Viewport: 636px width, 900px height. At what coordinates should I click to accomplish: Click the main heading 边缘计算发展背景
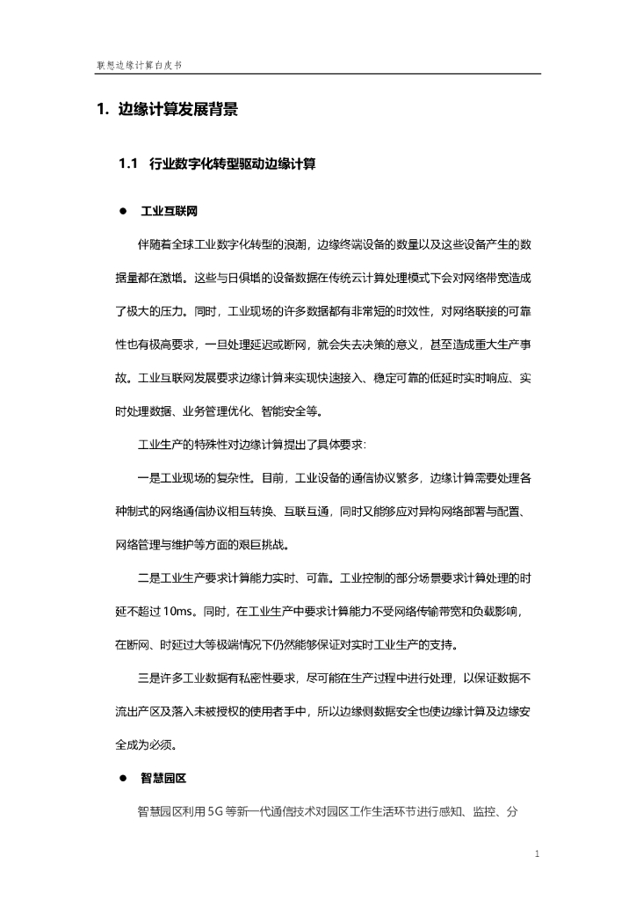click(x=177, y=110)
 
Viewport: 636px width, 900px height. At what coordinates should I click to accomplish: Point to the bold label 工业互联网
click(x=169, y=212)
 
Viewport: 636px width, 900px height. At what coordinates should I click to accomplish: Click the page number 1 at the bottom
click(x=537, y=853)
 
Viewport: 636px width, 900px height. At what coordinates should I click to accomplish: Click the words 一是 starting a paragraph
click(x=148, y=478)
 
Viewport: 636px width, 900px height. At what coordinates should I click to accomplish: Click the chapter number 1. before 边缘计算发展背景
click(x=102, y=110)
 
